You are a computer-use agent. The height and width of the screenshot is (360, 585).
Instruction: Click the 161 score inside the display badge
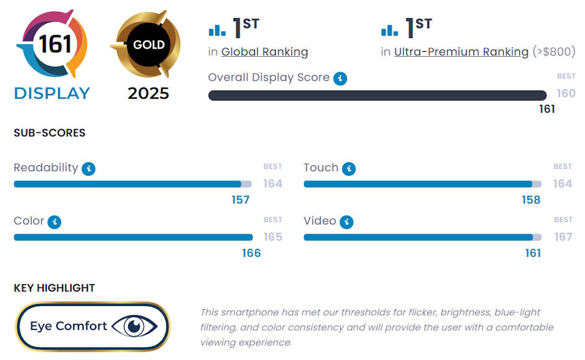coord(55,44)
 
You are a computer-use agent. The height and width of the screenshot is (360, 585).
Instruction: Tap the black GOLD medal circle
coord(149,45)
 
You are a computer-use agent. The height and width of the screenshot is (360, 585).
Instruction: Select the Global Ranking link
coord(264,52)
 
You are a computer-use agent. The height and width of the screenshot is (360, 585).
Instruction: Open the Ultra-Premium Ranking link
coord(461,52)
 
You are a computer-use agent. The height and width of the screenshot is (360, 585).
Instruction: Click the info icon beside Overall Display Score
coord(340,79)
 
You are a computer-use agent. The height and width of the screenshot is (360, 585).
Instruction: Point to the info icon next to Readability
coord(88,169)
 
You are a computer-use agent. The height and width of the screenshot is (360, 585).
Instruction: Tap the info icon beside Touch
coord(349,169)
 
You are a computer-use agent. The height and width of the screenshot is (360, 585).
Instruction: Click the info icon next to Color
coord(55,222)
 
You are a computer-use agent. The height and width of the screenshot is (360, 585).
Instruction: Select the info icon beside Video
coord(346,222)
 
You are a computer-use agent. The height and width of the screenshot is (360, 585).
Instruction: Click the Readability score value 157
coord(240,200)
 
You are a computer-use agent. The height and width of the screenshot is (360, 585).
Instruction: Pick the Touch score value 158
coord(531,200)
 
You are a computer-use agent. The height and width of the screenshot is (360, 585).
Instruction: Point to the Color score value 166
coord(252,253)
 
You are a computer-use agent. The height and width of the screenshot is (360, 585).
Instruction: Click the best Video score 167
coord(563,237)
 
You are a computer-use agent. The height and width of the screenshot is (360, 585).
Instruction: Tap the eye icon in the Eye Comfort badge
coord(135,326)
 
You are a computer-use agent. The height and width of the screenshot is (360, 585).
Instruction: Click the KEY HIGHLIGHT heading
coord(54,288)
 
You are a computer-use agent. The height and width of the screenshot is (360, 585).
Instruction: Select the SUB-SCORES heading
coord(49,133)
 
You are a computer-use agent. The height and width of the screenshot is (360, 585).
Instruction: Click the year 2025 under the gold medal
coord(148,93)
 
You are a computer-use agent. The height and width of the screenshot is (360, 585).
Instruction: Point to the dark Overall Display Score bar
coord(377,96)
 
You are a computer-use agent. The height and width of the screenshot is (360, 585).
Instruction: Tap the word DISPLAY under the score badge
coord(52,93)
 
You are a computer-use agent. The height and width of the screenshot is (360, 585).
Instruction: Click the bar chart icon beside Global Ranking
coord(217,31)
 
